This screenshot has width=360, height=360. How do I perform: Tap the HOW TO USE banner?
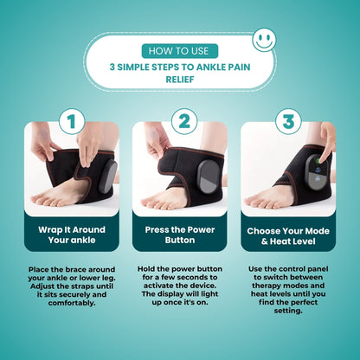[180, 49]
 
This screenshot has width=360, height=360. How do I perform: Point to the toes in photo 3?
[260, 200]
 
